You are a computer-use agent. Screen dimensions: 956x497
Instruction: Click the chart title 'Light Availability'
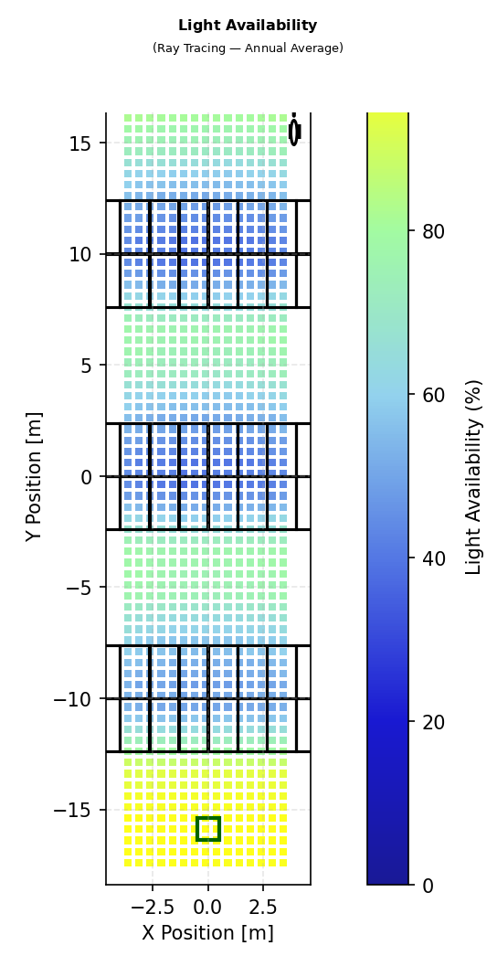pyautogui.click(x=248, y=26)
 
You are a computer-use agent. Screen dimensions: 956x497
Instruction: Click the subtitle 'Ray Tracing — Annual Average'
pyautogui.click(x=248, y=48)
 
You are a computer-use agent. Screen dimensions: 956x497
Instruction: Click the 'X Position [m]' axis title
pyautogui.click(x=207, y=933)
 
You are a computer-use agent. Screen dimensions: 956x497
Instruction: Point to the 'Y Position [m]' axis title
pyautogui.click(x=35, y=475)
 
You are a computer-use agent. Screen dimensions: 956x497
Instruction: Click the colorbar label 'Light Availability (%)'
pyautogui.click(x=473, y=476)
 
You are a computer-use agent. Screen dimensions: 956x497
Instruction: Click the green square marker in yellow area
pyautogui.click(x=208, y=829)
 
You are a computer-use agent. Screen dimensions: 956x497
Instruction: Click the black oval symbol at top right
pyautogui.click(x=294, y=132)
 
